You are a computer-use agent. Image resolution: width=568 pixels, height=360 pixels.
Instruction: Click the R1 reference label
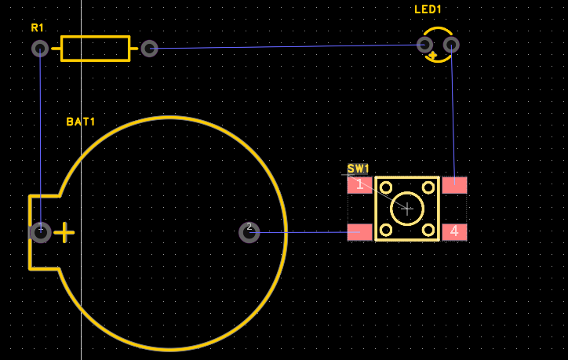[38, 27]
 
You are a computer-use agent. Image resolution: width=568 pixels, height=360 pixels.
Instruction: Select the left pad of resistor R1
[40, 49]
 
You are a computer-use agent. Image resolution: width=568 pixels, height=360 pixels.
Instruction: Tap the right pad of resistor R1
[149, 49]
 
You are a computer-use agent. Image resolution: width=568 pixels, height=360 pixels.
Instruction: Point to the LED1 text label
[428, 9]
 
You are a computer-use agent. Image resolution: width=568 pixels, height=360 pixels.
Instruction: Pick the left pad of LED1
[425, 45]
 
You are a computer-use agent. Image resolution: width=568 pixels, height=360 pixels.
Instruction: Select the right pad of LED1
[451, 45]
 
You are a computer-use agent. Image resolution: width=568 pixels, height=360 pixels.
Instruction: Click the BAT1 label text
[81, 122]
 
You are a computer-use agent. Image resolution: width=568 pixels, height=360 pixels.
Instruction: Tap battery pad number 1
[40, 232]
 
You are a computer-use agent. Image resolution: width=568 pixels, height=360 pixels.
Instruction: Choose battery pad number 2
[249, 232]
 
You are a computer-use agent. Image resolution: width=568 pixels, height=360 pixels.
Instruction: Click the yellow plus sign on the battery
[64, 232]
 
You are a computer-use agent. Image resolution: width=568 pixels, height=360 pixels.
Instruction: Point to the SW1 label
[358, 169]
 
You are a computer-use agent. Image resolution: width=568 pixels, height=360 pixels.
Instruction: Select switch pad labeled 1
[359, 185]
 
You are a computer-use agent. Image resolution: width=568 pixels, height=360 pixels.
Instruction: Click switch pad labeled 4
[454, 232]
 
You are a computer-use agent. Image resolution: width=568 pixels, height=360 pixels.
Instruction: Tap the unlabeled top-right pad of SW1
[454, 185]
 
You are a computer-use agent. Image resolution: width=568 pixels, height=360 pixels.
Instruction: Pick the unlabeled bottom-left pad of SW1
[359, 232]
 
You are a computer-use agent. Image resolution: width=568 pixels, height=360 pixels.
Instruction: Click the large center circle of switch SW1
[407, 208]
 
